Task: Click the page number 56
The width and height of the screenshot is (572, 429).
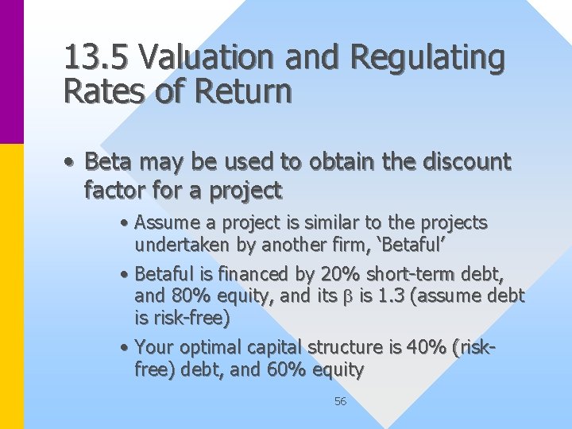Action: point(340,401)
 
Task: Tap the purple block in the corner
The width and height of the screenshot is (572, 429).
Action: point(12,71)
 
